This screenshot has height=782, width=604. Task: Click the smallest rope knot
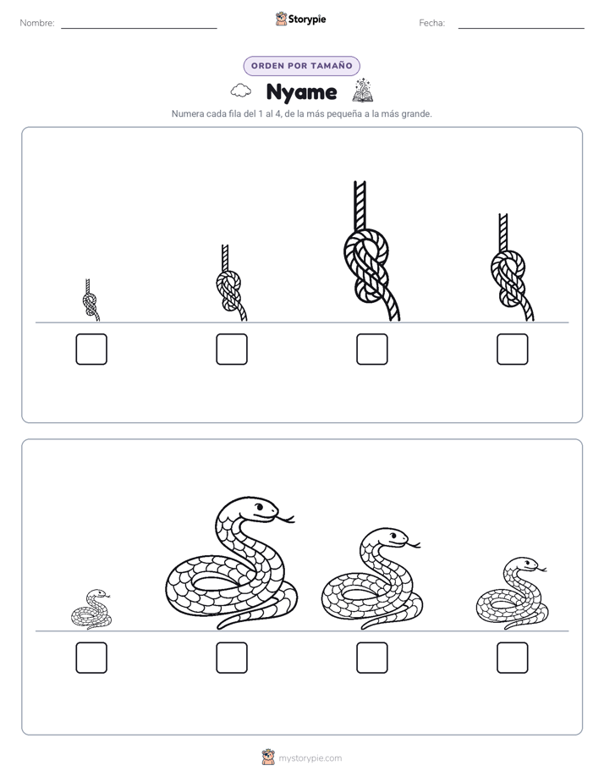click(91, 301)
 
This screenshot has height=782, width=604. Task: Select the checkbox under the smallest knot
click(91, 349)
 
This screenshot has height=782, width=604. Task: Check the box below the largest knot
click(372, 349)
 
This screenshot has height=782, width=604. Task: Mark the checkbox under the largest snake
click(232, 658)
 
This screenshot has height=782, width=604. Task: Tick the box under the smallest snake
click(91, 658)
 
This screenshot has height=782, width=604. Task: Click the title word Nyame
click(301, 92)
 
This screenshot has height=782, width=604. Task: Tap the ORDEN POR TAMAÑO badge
click(301, 66)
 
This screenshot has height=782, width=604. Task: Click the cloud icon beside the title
click(241, 91)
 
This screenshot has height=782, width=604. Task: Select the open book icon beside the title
click(363, 91)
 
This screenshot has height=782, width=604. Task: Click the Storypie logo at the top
click(300, 19)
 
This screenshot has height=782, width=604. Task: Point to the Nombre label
click(37, 23)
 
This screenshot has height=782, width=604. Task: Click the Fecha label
click(431, 23)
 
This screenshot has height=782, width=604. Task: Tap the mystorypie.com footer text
click(310, 758)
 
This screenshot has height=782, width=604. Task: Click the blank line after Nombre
click(139, 29)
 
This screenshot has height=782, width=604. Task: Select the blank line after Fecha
click(521, 29)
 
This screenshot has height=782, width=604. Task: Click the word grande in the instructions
click(416, 113)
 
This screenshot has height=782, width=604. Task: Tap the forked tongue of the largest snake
click(286, 519)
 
